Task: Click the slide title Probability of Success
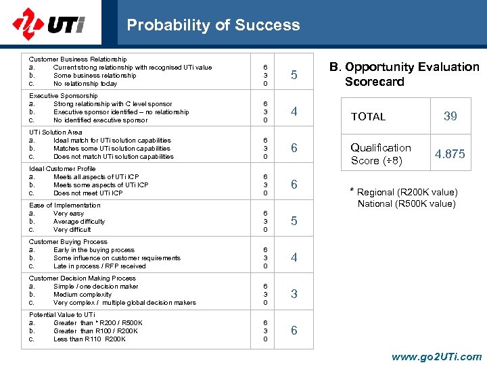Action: (x=213, y=25)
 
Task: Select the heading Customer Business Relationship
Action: (x=78, y=59)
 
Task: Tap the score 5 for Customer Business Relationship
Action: (x=294, y=75)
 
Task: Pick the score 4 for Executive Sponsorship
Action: (x=294, y=112)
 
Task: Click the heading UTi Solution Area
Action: (x=55, y=132)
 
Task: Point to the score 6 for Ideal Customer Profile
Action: (x=294, y=185)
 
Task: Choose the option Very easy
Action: (x=68, y=214)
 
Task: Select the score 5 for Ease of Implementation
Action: (x=294, y=221)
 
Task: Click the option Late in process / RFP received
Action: (x=99, y=266)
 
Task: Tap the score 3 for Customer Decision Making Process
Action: (x=294, y=294)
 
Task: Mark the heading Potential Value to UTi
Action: (x=62, y=315)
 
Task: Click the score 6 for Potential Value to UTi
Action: (x=294, y=331)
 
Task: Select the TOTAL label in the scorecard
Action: (x=368, y=117)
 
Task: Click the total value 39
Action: (x=450, y=116)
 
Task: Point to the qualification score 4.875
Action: (x=450, y=154)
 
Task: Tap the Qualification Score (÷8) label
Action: (x=380, y=154)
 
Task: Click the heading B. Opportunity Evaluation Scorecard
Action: (x=404, y=74)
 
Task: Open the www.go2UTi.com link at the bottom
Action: (x=437, y=357)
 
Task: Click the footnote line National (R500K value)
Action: (x=407, y=203)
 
